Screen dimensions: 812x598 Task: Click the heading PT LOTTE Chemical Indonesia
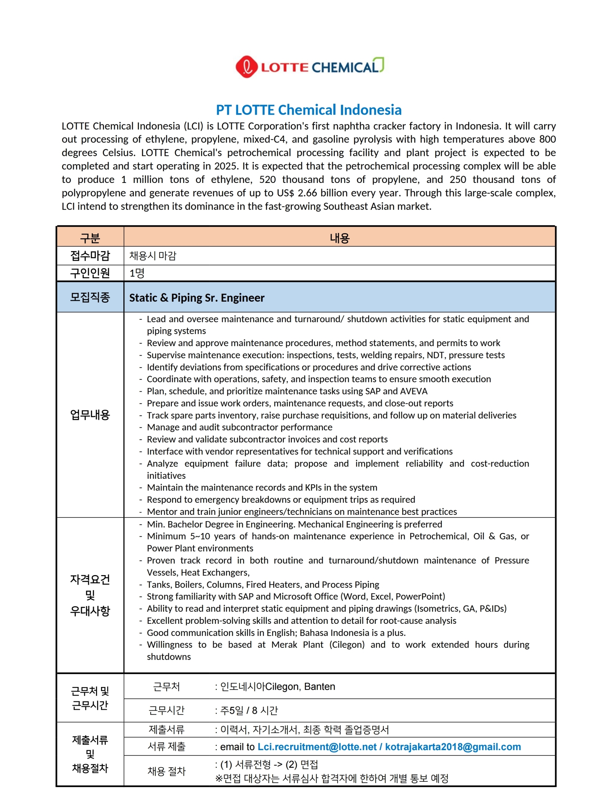(x=309, y=110)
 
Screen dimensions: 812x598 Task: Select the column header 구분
(x=90, y=238)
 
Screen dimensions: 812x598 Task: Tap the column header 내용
(x=339, y=238)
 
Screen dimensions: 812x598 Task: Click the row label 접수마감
(x=90, y=256)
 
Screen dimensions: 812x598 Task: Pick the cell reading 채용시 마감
(x=153, y=256)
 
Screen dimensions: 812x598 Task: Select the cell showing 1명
(x=137, y=273)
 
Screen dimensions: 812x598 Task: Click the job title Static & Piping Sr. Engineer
(x=197, y=297)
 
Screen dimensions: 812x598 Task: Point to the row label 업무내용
(x=90, y=415)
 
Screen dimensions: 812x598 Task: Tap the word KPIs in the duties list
(x=313, y=487)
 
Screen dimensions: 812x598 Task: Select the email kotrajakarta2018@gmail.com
(x=453, y=747)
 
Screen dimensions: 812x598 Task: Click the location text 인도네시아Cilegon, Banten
(x=277, y=687)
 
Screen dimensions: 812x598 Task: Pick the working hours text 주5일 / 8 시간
(x=249, y=711)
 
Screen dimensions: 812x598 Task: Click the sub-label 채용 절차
(x=166, y=771)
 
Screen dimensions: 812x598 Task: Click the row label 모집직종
(x=90, y=297)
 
